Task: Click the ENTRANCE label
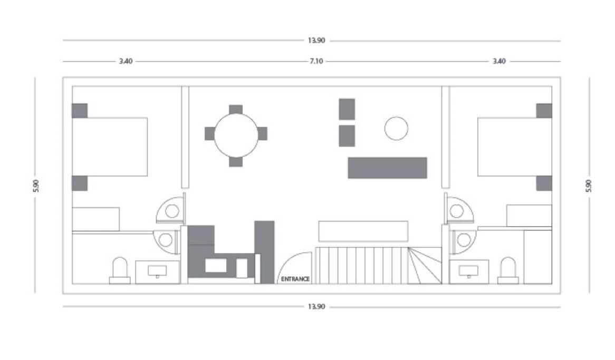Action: tap(295, 279)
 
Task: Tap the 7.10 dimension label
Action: tap(316, 61)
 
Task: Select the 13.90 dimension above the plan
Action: tap(316, 41)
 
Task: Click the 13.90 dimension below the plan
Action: tap(316, 307)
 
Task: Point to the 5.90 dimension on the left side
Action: tap(36, 186)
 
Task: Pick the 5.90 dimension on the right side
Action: tap(588, 186)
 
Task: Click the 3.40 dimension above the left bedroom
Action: tap(126, 61)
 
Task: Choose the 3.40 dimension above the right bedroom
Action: tap(499, 61)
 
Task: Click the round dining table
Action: tap(236, 135)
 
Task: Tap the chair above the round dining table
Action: tap(236, 110)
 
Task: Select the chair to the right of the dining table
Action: tap(262, 133)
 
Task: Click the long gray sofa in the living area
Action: tap(388, 168)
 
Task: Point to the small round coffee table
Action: tap(396, 128)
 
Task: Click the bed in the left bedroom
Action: tap(110, 147)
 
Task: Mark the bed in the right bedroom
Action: tap(515, 147)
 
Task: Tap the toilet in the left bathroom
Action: tap(120, 270)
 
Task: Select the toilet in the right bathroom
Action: tap(508, 270)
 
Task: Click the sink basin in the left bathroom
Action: tap(157, 271)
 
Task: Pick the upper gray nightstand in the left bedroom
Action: tap(80, 111)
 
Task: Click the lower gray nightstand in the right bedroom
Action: tap(544, 183)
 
